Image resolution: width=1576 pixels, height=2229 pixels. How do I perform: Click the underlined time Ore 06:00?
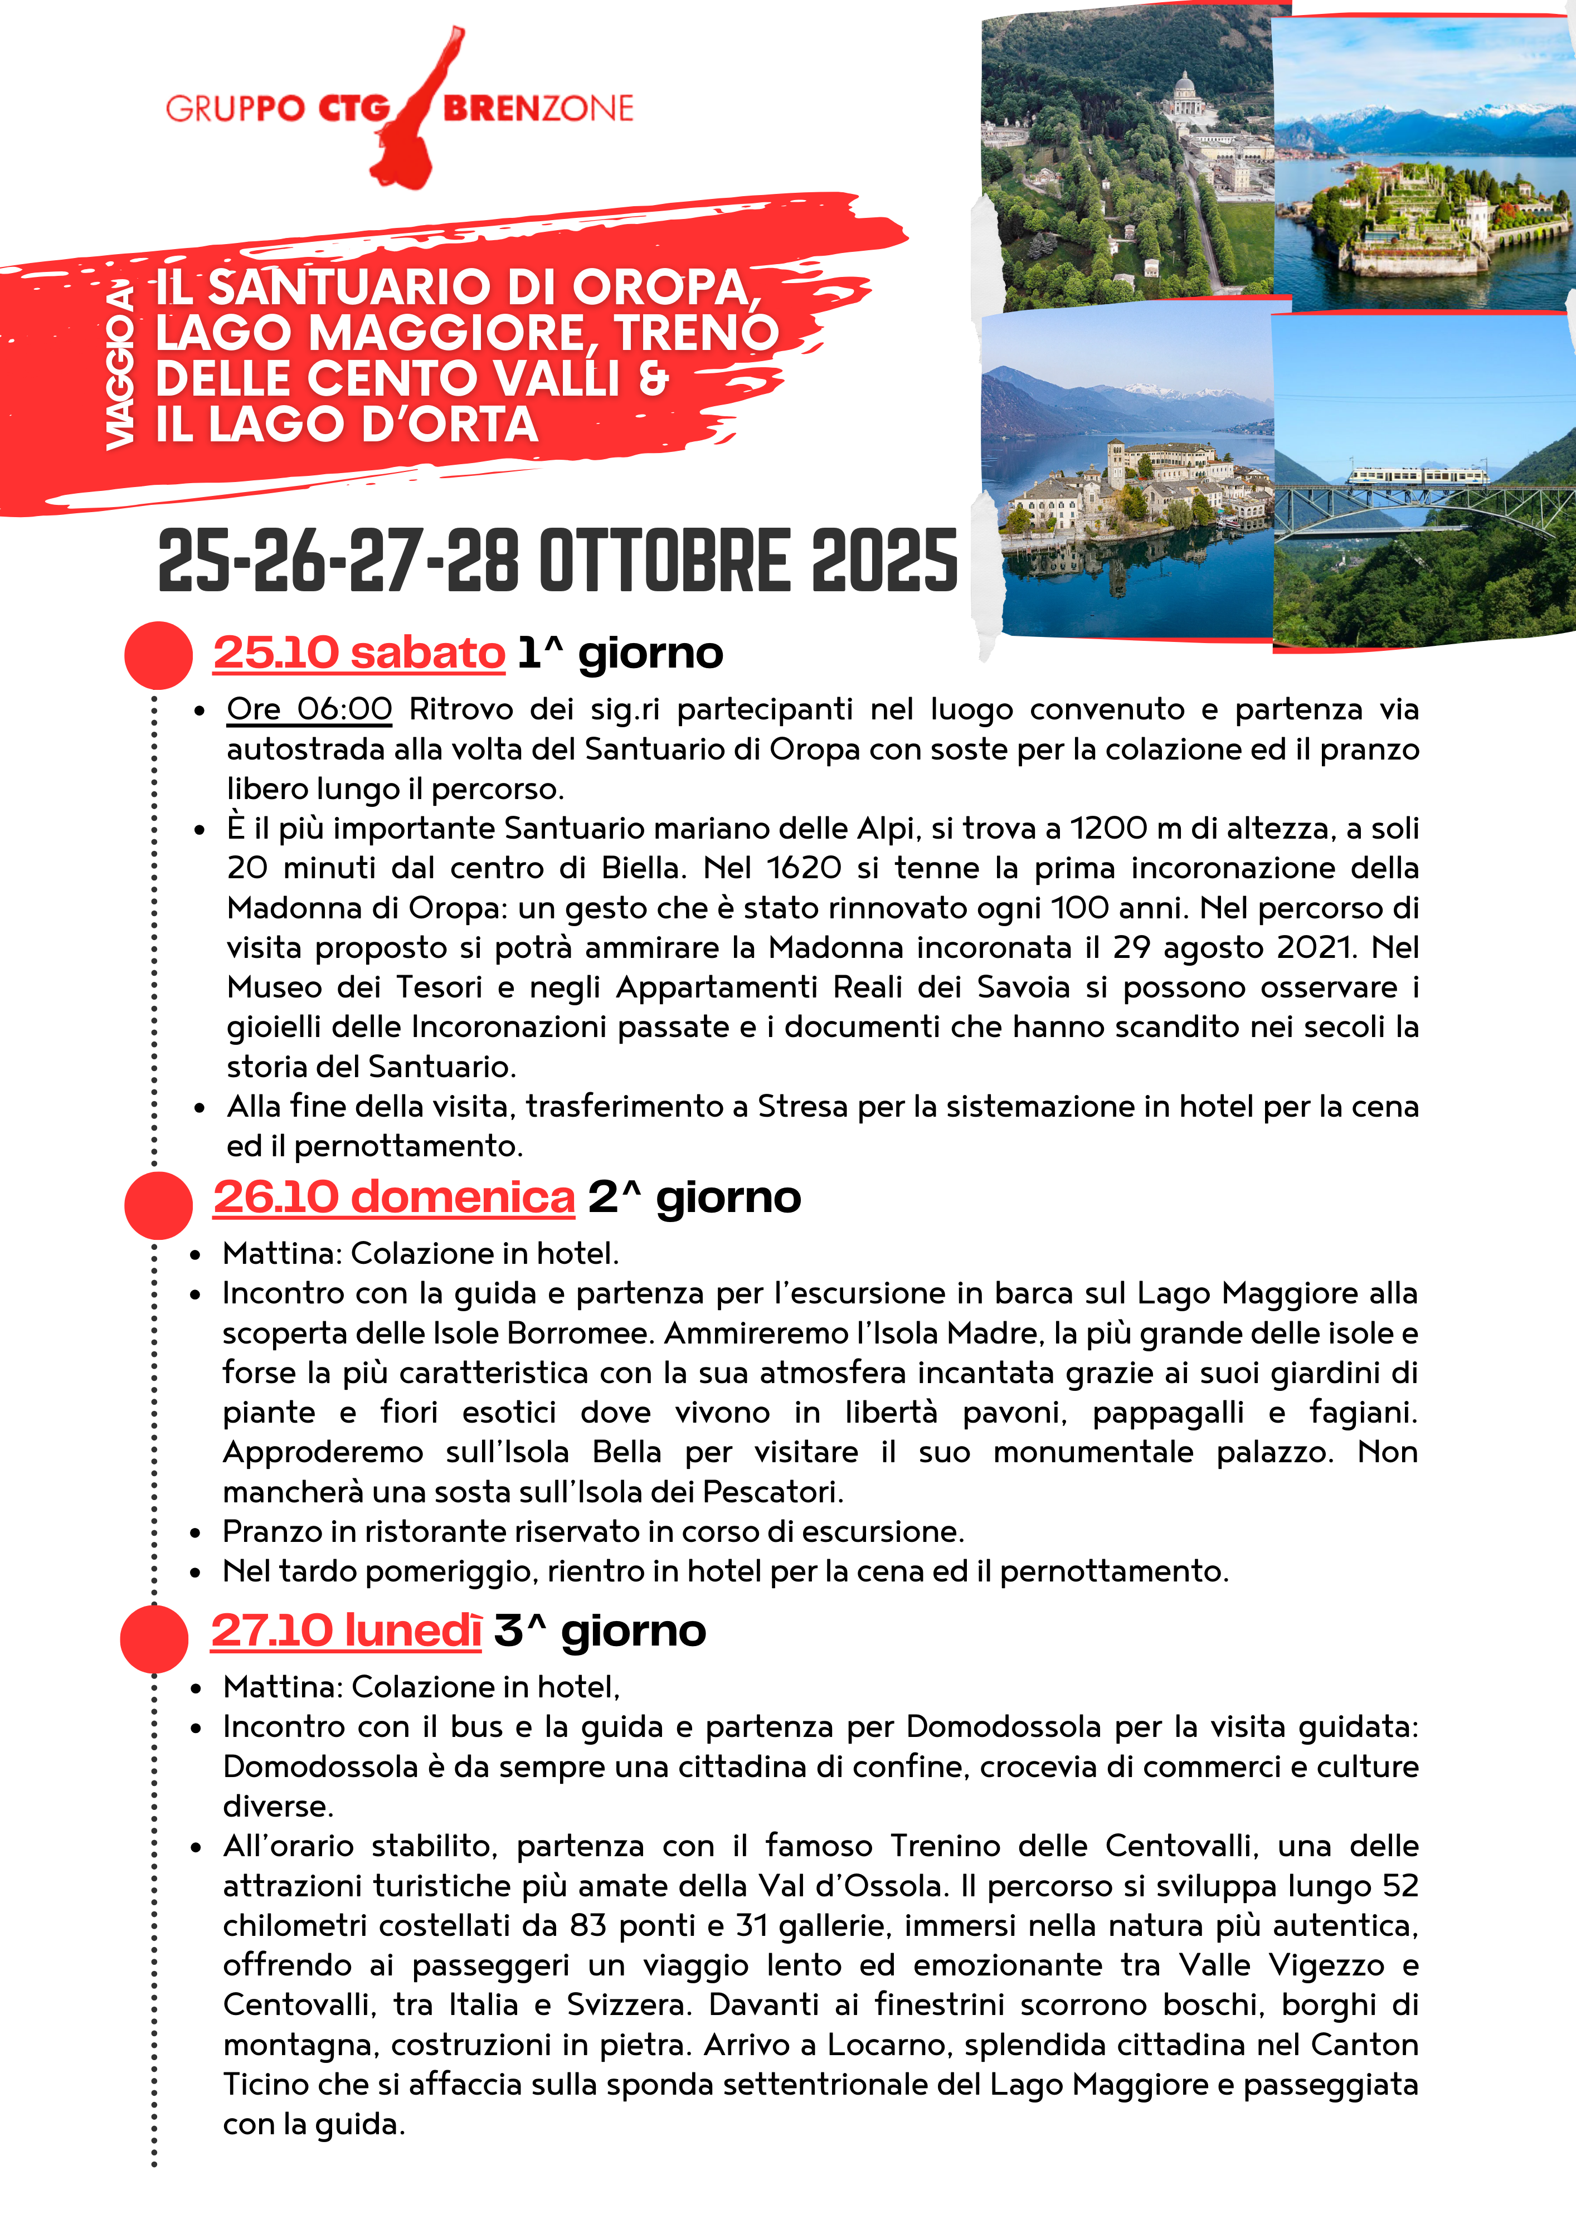(309, 710)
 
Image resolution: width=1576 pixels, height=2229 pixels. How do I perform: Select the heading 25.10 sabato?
(359, 653)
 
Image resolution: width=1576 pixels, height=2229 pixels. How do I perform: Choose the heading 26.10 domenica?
(394, 1197)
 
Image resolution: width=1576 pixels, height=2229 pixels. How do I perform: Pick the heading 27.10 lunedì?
(346, 1631)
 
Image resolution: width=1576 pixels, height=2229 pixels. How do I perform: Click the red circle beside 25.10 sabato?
(158, 655)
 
